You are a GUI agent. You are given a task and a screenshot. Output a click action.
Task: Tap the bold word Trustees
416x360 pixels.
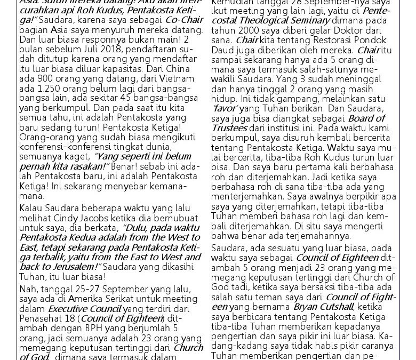pos(229,127)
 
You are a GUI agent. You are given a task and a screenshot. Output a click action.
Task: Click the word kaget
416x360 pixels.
pos(76,157)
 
